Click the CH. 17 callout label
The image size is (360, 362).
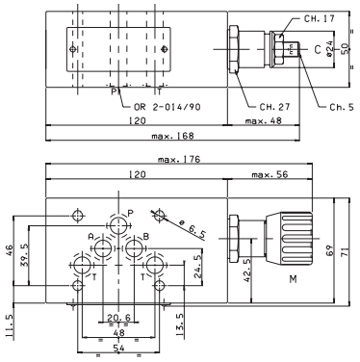pos(319,18)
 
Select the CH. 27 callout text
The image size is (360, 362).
pos(274,107)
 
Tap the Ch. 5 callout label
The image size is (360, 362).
pos(342,107)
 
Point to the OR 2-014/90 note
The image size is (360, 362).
pos(167,107)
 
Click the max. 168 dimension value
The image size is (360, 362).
pos(173,136)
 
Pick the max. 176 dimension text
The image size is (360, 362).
pos(179,159)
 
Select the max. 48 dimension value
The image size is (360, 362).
pos(263,120)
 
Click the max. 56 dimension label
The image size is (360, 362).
pos(270,174)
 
